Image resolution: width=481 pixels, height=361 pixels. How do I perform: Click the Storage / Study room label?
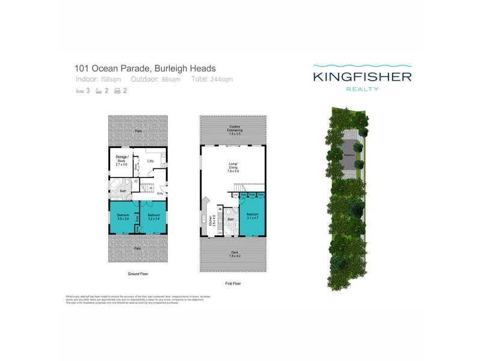[121, 159]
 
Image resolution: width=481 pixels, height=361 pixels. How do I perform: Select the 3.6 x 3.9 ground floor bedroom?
[123, 216]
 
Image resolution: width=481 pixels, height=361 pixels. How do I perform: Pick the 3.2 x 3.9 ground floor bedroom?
[153, 216]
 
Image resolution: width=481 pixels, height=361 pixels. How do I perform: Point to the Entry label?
[160, 193]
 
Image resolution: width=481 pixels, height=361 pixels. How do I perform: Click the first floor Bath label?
[230, 220]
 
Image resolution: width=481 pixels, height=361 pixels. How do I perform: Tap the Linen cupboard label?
[235, 194]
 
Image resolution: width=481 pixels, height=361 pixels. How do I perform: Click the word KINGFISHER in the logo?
[362, 76]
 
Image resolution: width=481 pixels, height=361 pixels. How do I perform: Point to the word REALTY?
[362, 89]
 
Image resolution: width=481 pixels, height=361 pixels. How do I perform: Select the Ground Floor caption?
[137, 274]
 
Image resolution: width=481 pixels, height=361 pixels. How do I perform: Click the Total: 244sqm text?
[212, 79]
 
